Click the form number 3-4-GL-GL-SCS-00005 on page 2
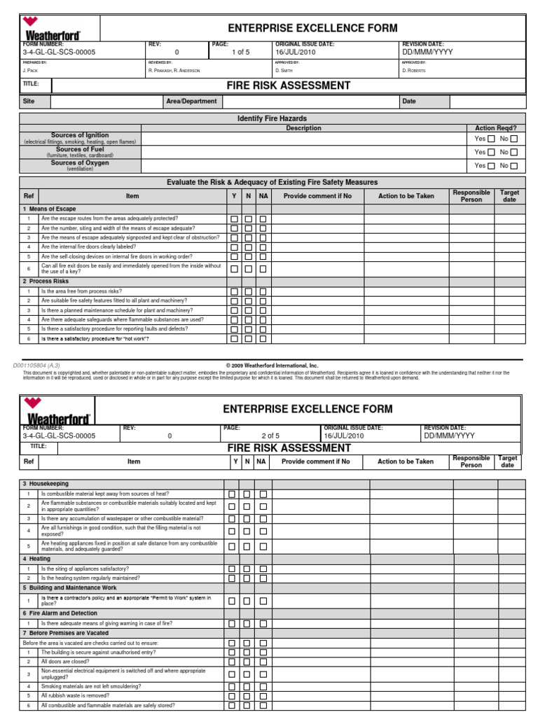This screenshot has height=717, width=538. [59, 436]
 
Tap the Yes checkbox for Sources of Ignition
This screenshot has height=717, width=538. [490, 139]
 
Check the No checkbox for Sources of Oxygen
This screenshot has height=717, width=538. [514, 166]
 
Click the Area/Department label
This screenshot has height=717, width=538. [191, 102]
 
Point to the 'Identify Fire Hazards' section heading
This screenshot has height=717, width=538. [272, 119]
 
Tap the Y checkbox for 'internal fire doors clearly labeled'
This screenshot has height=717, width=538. [233, 247]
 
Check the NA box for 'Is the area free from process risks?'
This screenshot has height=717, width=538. [263, 292]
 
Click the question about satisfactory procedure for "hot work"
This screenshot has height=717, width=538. [95, 338]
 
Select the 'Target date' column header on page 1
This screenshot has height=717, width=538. [509, 195]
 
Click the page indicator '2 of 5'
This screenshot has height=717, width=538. [270, 436]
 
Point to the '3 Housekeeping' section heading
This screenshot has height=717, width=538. [46, 484]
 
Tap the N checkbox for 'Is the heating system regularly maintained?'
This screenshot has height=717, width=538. [247, 578]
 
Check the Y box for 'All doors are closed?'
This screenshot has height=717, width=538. [232, 661]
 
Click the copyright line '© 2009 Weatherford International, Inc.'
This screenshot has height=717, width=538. [272, 366]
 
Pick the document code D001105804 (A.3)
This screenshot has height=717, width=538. [37, 366]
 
